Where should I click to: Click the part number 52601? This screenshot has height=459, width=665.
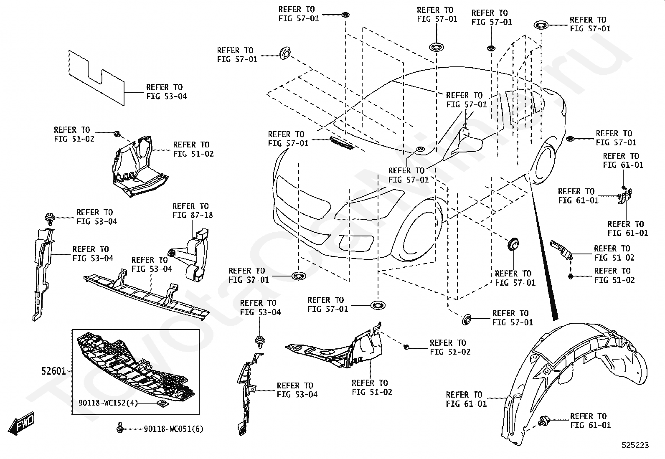[x=53, y=370]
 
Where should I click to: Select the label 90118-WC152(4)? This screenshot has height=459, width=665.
[x=108, y=403]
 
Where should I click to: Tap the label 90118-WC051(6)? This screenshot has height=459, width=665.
[x=173, y=429]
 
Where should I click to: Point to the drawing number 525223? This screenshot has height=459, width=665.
[x=635, y=445]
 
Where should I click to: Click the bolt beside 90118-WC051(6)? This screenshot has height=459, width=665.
[x=120, y=427]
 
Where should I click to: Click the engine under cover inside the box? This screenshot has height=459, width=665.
[x=134, y=368]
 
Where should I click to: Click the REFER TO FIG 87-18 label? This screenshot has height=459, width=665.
[x=193, y=210]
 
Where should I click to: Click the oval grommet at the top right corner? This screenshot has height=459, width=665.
[x=541, y=25]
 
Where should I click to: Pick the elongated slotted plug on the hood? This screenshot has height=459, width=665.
[x=342, y=143]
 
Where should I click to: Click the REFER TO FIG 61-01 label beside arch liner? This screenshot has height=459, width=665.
[x=466, y=399]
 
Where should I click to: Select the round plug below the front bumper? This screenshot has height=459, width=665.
[x=298, y=276]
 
